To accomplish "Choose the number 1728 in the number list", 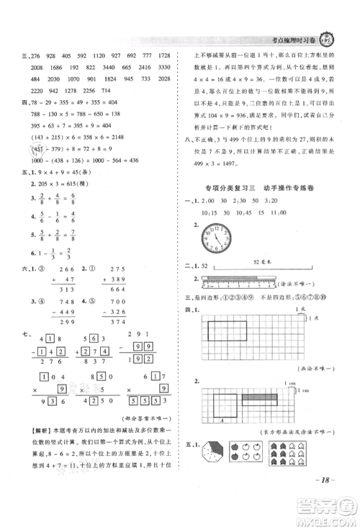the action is point(163,55).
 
